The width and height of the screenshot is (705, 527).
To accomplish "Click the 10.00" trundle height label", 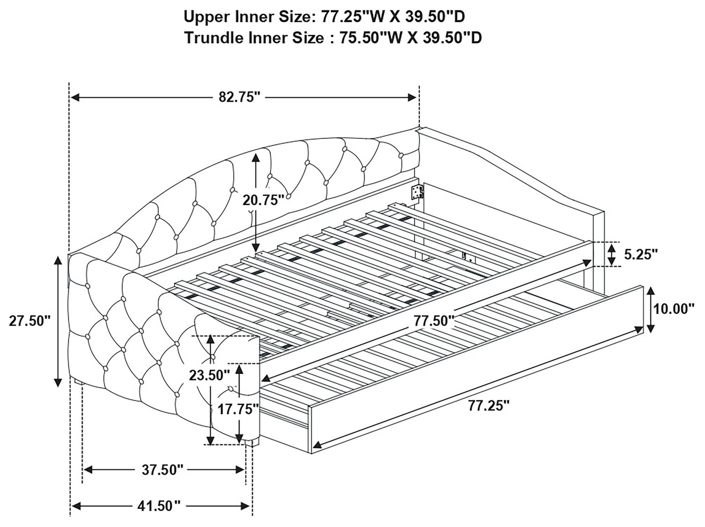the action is point(673,309).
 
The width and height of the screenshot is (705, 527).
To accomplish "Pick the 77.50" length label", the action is point(434,321).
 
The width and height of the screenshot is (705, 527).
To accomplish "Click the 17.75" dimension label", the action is point(238,409).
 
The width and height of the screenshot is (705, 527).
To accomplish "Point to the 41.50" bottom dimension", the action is point(159,506).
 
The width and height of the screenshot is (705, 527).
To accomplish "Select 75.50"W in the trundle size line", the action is point(371,38).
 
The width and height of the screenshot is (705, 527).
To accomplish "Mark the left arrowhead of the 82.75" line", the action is point(75,97).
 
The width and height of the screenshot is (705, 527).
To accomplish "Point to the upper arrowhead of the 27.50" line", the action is point(58,261).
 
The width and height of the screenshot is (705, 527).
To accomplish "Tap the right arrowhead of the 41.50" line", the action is point(245,506).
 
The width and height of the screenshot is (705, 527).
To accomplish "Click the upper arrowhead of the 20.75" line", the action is point(255,158).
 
